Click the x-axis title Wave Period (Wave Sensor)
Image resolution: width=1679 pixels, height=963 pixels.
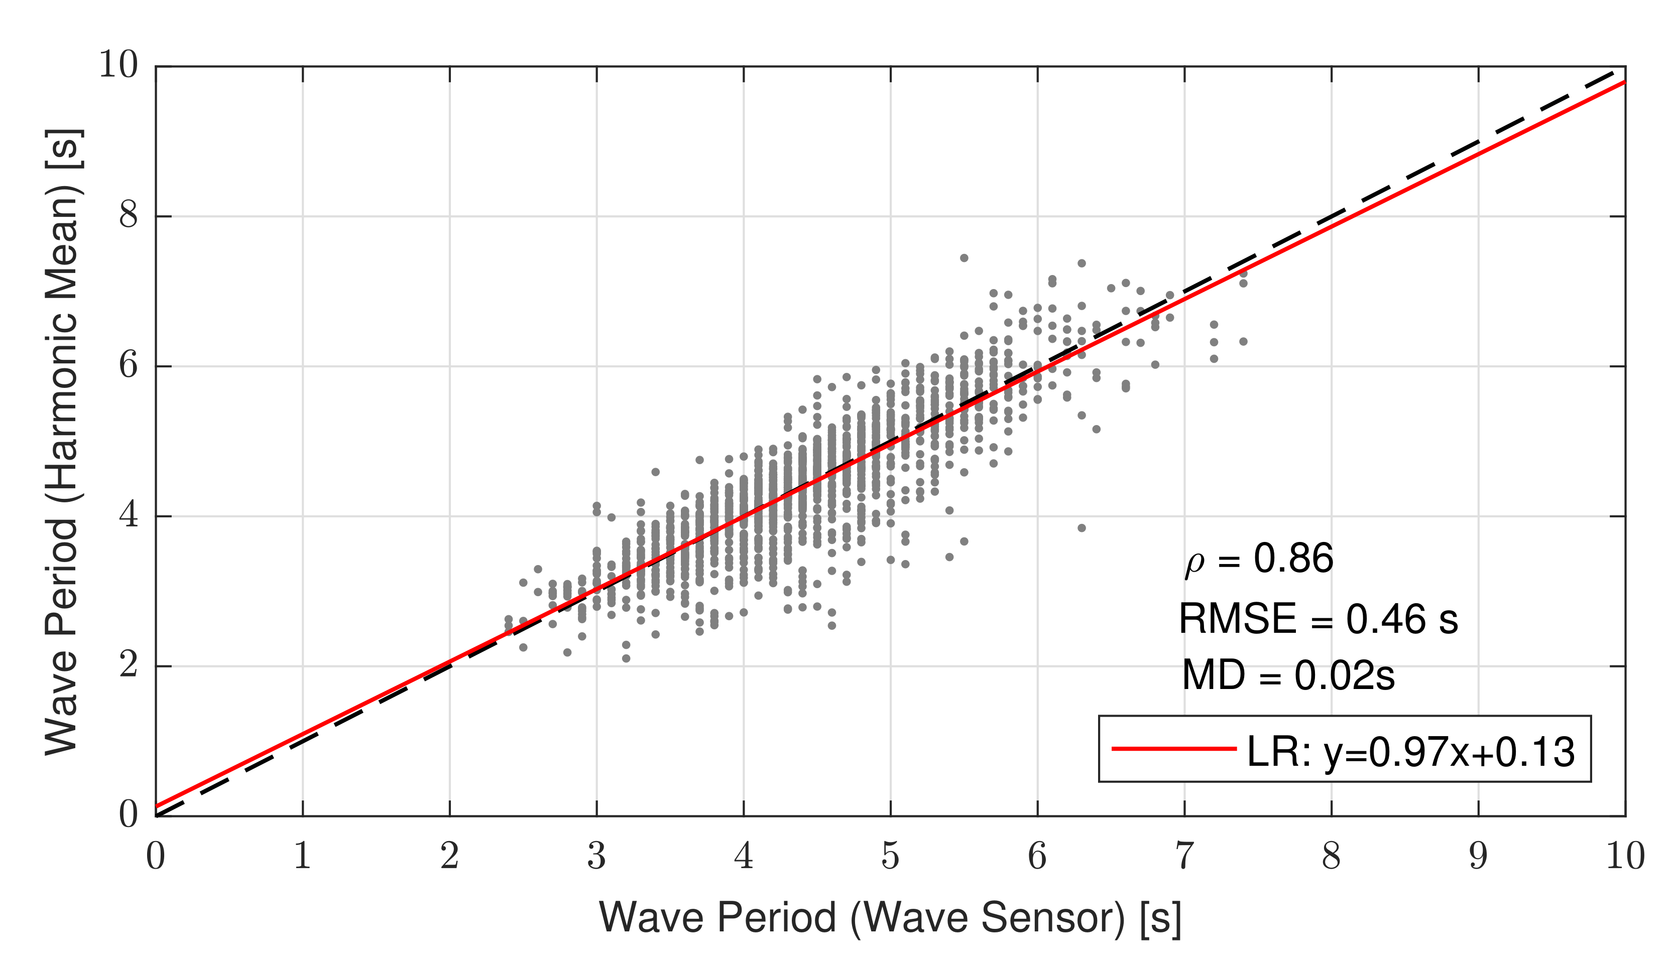(x=890, y=918)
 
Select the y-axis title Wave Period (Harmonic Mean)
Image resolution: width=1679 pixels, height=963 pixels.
(x=63, y=441)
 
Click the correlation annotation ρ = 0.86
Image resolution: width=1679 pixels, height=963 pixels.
(x=1258, y=559)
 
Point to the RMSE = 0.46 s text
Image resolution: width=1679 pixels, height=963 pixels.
(x=1318, y=620)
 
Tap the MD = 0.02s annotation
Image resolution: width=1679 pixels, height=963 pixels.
(x=1288, y=676)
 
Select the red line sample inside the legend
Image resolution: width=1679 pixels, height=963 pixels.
(x=1173, y=749)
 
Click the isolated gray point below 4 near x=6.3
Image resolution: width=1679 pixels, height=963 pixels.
(x=1082, y=528)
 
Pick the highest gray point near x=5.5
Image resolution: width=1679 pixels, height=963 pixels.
(x=964, y=258)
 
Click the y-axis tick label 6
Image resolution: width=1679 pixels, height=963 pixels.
(x=129, y=365)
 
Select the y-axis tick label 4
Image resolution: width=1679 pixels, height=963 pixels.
(x=129, y=515)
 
